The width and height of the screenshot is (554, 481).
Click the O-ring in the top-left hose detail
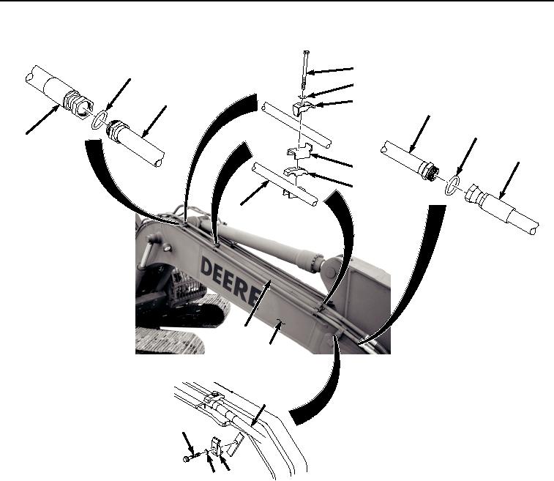(100, 120)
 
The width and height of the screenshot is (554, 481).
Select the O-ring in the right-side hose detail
(452, 185)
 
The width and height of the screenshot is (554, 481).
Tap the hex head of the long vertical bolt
(307, 52)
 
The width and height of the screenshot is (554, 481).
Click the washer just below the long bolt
(302, 95)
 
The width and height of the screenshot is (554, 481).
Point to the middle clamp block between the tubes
(299, 152)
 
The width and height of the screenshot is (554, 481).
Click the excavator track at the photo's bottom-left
(170, 340)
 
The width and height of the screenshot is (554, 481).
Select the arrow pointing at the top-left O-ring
(119, 94)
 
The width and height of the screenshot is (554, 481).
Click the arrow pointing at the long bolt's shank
(330, 70)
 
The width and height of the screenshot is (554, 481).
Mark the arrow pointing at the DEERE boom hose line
(258, 302)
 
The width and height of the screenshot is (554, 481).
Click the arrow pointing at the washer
(329, 91)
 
